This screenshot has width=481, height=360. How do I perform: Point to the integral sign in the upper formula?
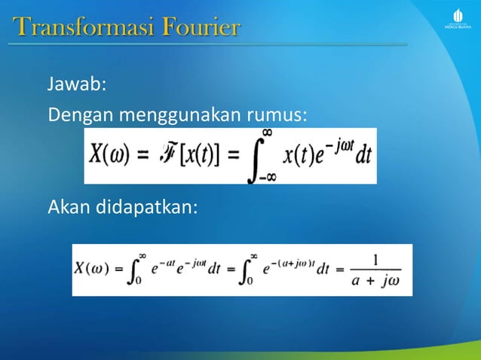pos(256,157)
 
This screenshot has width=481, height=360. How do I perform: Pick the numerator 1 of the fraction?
pos(375,260)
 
